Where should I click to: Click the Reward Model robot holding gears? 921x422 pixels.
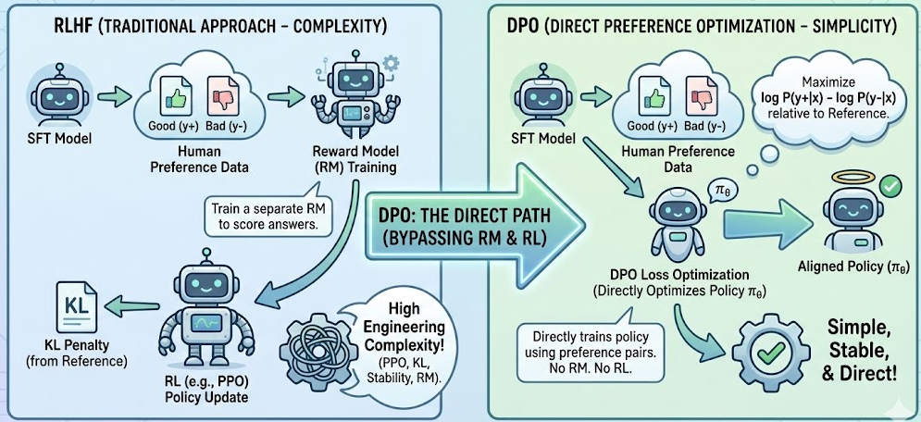click(355, 91)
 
